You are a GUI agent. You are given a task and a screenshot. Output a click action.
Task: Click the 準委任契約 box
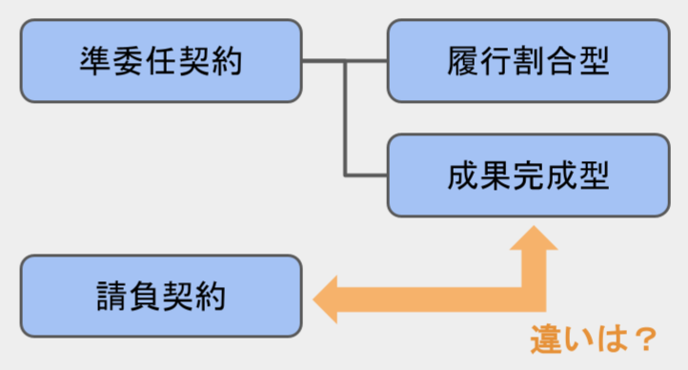pyautogui.click(x=160, y=61)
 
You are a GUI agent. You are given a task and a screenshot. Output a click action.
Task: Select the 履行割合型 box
pyautogui.click(x=527, y=61)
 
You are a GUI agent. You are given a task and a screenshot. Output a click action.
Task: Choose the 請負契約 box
pyautogui.click(x=160, y=295)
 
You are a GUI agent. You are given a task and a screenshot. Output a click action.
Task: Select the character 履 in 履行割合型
pyautogui.click(x=462, y=62)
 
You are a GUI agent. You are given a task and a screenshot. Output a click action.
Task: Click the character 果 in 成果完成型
pyautogui.click(x=495, y=175)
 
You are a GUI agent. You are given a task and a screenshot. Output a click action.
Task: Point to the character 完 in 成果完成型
pyautogui.click(x=527, y=175)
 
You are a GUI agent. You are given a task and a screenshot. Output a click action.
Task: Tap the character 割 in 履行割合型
pyautogui.click(x=527, y=62)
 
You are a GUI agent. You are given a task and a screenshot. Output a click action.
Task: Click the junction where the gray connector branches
pyautogui.click(x=345, y=62)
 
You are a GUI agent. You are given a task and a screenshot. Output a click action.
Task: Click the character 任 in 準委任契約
pyautogui.click(x=161, y=62)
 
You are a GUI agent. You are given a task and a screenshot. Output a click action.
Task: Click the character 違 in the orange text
pyautogui.click(x=545, y=339)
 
